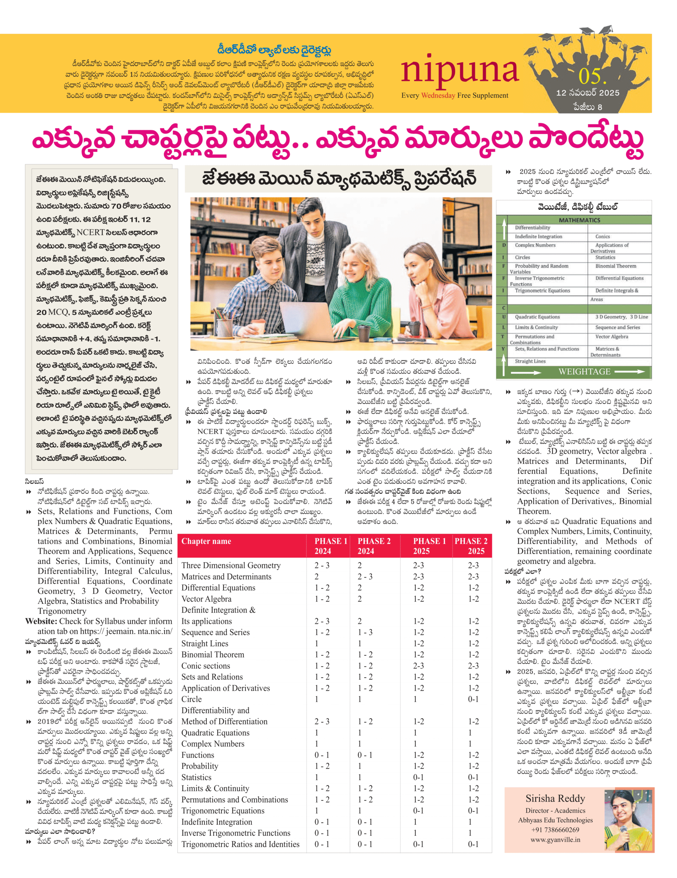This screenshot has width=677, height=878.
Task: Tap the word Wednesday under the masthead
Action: [438, 95]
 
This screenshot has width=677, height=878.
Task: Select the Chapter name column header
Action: [206, 541]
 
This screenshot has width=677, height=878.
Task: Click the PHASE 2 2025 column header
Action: [471, 546]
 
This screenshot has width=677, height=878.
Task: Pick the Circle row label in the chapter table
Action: [191, 699]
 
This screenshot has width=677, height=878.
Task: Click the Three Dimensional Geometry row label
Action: [231, 565]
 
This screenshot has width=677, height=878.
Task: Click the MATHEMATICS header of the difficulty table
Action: [579, 220]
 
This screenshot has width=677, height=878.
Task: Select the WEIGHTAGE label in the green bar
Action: [584, 371]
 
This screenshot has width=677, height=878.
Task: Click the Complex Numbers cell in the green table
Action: [535, 245]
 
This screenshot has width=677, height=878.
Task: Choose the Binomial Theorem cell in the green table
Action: [616, 266]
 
